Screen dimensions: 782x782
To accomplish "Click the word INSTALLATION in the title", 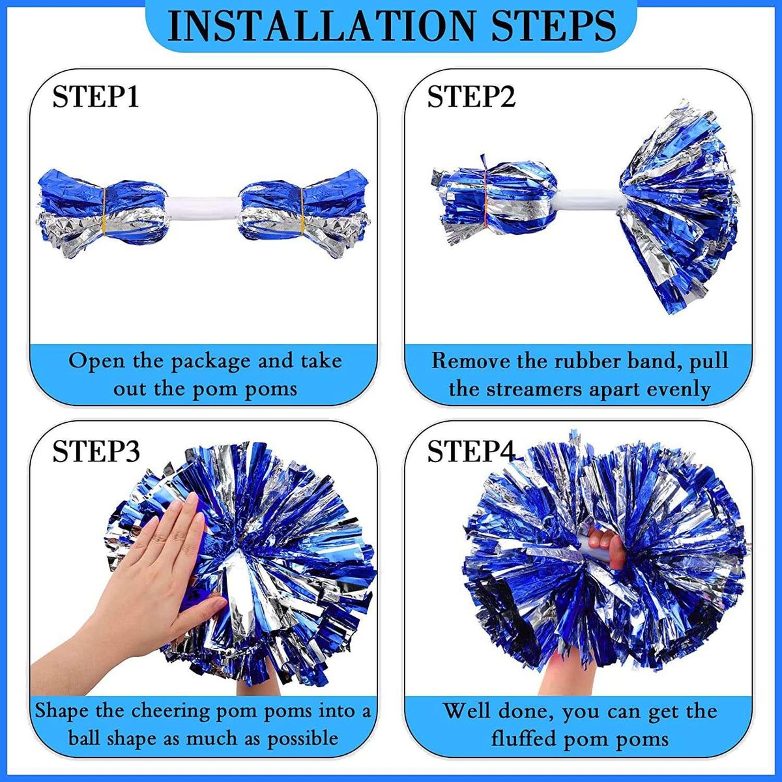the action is tap(321, 25).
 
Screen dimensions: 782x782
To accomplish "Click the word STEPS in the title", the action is tap(554, 25).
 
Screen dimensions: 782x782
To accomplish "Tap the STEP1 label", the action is tap(96, 96).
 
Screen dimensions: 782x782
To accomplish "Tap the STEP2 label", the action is tap(472, 96).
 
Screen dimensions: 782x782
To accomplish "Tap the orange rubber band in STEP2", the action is tap(485, 199).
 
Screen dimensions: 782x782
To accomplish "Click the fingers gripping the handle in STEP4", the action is tap(604, 546).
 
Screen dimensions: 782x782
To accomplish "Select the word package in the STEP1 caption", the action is tap(210, 362).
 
